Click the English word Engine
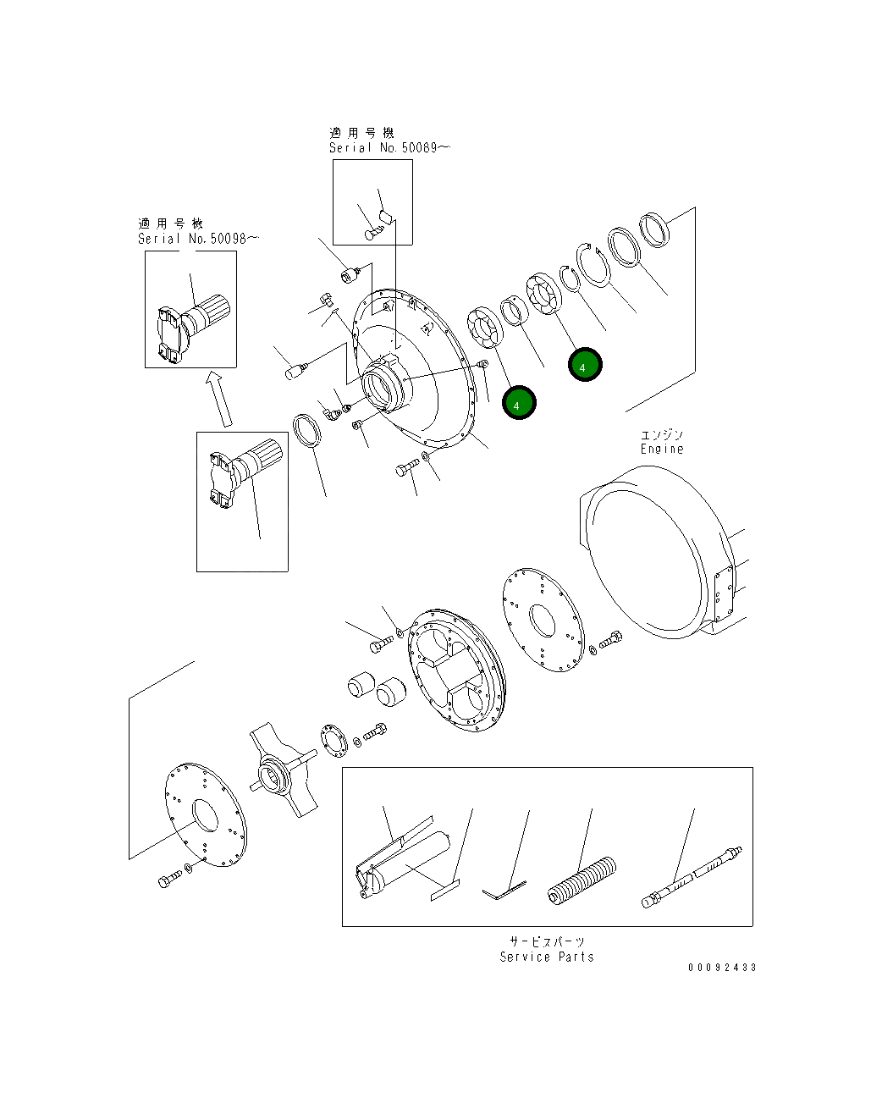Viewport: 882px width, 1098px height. coord(661,449)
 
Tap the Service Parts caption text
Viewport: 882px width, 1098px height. coord(547,957)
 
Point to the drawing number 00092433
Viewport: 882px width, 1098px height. coord(722,967)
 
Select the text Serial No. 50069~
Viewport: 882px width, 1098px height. coord(389,147)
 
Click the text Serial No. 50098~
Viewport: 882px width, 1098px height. coord(198,239)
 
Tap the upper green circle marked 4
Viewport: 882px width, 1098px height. coord(584,365)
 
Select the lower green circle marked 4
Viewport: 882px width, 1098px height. coord(518,404)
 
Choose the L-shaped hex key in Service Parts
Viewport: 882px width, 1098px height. coord(504,890)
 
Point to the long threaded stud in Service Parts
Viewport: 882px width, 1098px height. coord(692,875)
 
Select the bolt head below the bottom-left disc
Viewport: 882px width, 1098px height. coord(165,881)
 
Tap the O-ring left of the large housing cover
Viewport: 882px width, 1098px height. coord(308,429)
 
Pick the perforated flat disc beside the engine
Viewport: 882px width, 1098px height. coord(542,621)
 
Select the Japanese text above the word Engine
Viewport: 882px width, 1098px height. coord(661,434)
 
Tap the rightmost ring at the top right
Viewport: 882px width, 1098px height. coord(653,229)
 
